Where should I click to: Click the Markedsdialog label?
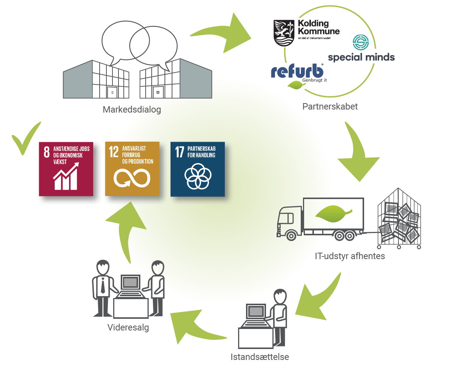[132, 110]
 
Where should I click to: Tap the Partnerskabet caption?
[330, 107]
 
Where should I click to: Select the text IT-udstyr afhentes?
[350, 256]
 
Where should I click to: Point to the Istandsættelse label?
[260, 357]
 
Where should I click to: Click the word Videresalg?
[128, 327]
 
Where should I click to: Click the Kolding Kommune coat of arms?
[284, 33]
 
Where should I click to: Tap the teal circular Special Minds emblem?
[360, 42]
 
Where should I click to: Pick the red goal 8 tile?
[66, 169]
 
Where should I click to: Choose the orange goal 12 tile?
[132, 169]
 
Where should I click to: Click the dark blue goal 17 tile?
[198, 169]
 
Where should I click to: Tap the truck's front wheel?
[291, 236]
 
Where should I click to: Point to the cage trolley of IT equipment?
[399, 218]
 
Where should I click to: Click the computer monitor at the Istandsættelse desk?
[256, 312]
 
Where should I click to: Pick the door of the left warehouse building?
[112, 93]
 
